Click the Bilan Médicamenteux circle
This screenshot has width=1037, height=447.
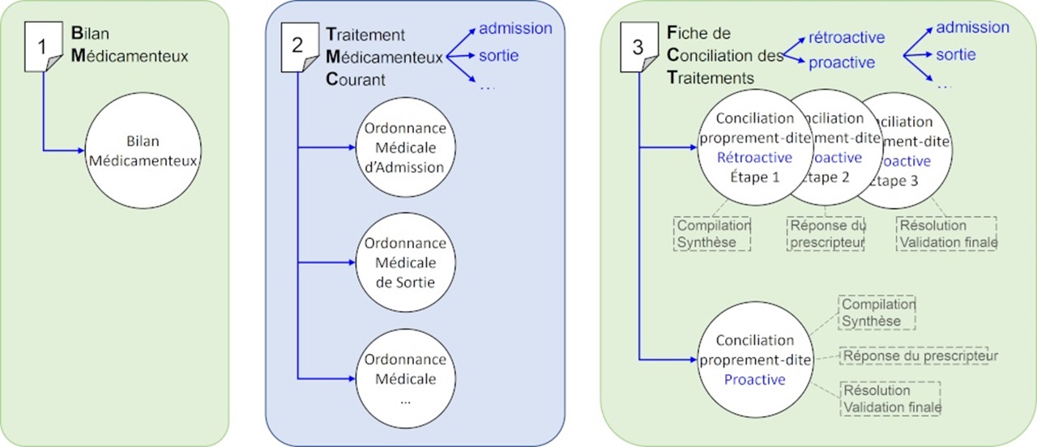pos(143,151)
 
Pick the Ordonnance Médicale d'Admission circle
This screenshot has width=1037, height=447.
pos(404,148)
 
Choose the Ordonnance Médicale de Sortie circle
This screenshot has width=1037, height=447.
pos(404,263)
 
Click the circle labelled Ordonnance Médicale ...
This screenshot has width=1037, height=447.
pos(404,378)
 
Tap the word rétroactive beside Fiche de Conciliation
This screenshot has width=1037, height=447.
pos(847,38)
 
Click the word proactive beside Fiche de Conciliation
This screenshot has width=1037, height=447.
pos(842,62)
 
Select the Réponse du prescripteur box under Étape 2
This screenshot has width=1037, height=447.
pos(826,233)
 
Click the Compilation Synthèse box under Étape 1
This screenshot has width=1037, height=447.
pos(713,233)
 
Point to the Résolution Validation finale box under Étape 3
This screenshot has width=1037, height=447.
pos(947,233)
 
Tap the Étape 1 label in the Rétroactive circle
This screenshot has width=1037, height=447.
pos(753,177)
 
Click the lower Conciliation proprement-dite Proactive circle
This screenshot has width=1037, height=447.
pos(754,360)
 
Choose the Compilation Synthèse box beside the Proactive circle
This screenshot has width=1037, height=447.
pos(877,313)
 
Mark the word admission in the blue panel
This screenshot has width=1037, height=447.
pos(515,29)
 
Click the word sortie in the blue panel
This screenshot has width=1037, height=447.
pos(498,56)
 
